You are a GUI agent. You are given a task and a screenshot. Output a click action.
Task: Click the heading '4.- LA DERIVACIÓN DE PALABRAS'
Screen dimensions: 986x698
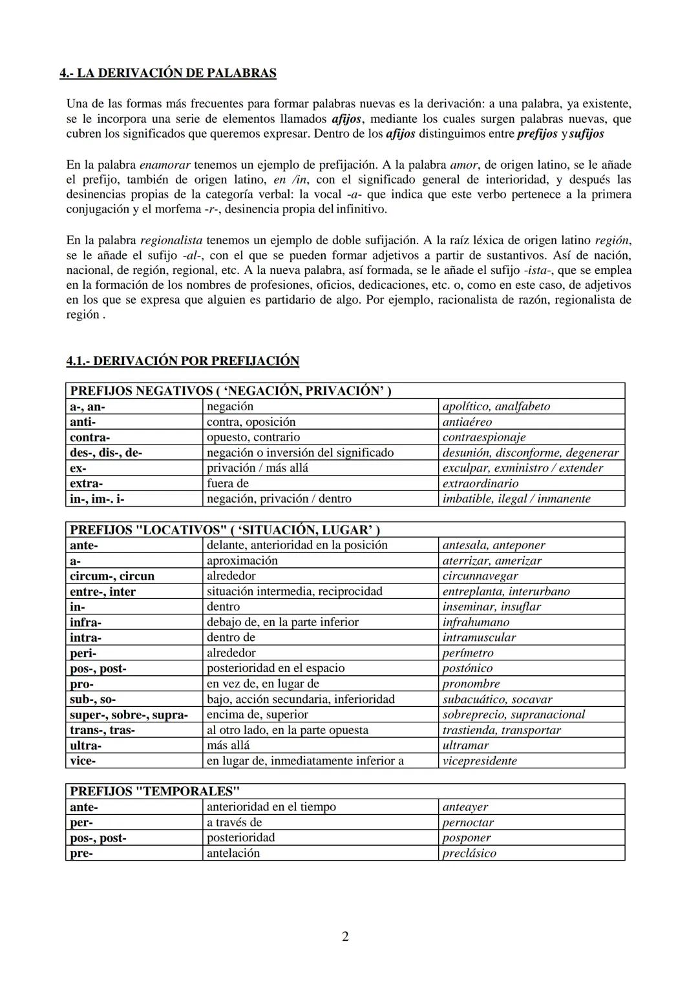point(168,73)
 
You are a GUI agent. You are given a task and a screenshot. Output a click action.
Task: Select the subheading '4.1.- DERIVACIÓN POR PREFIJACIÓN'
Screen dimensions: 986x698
point(183,361)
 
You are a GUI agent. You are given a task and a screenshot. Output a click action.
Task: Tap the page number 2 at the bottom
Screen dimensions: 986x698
point(345,936)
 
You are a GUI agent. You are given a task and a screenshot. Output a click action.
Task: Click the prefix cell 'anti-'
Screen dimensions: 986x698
point(83,422)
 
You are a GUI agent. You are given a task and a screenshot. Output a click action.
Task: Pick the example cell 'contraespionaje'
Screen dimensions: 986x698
point(483,437)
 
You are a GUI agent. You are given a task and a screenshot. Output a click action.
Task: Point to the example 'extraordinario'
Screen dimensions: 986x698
point(480,483)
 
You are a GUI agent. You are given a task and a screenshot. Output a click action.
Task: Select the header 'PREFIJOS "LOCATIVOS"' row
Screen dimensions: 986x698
point(224,530)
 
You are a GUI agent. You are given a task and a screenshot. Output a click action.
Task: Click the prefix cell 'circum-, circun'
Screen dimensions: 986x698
point(112,576)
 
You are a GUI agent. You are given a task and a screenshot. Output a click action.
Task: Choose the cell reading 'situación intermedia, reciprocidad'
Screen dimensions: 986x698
point(294,591)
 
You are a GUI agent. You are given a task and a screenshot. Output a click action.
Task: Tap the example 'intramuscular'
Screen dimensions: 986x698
point(479,637)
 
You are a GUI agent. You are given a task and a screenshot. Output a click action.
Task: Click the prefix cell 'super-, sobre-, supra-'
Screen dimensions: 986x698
point(129,715)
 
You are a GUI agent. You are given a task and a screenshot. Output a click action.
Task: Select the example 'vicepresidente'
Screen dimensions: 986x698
point(480,760)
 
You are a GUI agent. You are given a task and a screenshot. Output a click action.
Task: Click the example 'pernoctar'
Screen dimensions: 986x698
point(468,823)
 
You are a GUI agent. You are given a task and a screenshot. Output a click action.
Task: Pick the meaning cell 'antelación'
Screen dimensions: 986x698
point(233,853)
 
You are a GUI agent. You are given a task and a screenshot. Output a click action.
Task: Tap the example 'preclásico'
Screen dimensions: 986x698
point(469,853)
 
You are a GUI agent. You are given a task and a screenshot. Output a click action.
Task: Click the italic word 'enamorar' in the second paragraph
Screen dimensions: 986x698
point(165,165)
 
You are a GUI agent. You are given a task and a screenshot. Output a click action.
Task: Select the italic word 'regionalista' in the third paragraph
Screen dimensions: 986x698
point(171,240)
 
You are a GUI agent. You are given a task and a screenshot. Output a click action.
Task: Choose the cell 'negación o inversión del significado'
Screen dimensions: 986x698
point(300,452)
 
